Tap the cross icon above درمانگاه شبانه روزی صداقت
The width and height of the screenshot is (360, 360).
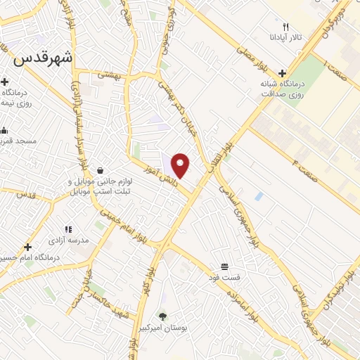coord(282,72)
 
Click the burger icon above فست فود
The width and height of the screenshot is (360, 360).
coord(224,266)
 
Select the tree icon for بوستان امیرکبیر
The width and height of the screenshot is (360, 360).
coord(162,317)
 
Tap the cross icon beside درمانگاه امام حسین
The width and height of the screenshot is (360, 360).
coord(27,247)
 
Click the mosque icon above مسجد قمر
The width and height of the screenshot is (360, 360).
coord(5,130)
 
